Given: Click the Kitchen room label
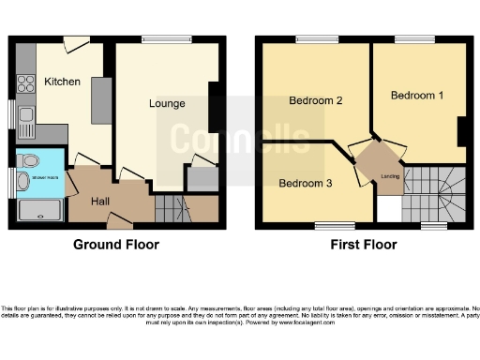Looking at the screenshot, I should (x=62, y=82).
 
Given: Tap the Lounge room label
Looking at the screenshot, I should (x=166, y=103).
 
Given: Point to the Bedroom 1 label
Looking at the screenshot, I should (x=413, y=96).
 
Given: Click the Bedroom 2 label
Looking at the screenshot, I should (x=314, y=100).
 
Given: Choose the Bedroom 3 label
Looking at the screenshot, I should (x=306, y=183).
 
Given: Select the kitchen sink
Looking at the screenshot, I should (x=25, y=119).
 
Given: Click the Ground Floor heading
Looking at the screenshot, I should (x=116, y=245).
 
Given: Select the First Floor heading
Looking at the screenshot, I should (x=363, y=245).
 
